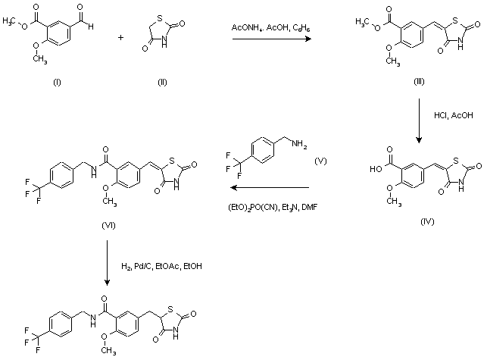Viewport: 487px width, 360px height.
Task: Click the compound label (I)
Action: [56, 83]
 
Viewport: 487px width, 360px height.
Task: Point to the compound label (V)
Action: [321, 161]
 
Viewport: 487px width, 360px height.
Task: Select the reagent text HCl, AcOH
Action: [449, 117]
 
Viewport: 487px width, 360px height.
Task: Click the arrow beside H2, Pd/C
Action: [107, 265]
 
